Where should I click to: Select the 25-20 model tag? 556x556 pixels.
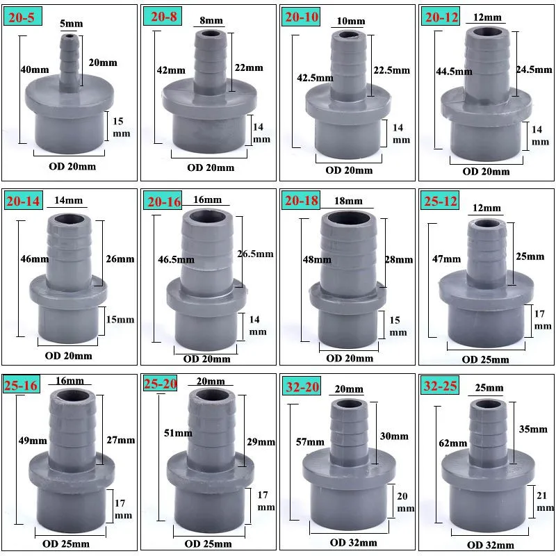click(163, 384)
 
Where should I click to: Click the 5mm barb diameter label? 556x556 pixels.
click(72, 24)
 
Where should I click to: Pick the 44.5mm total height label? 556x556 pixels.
click(455, 71)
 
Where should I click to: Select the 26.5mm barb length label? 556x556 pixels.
click(255, 254)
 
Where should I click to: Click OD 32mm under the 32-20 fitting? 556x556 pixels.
click(350, 542)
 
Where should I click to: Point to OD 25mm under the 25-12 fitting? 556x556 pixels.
click(486, 359)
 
